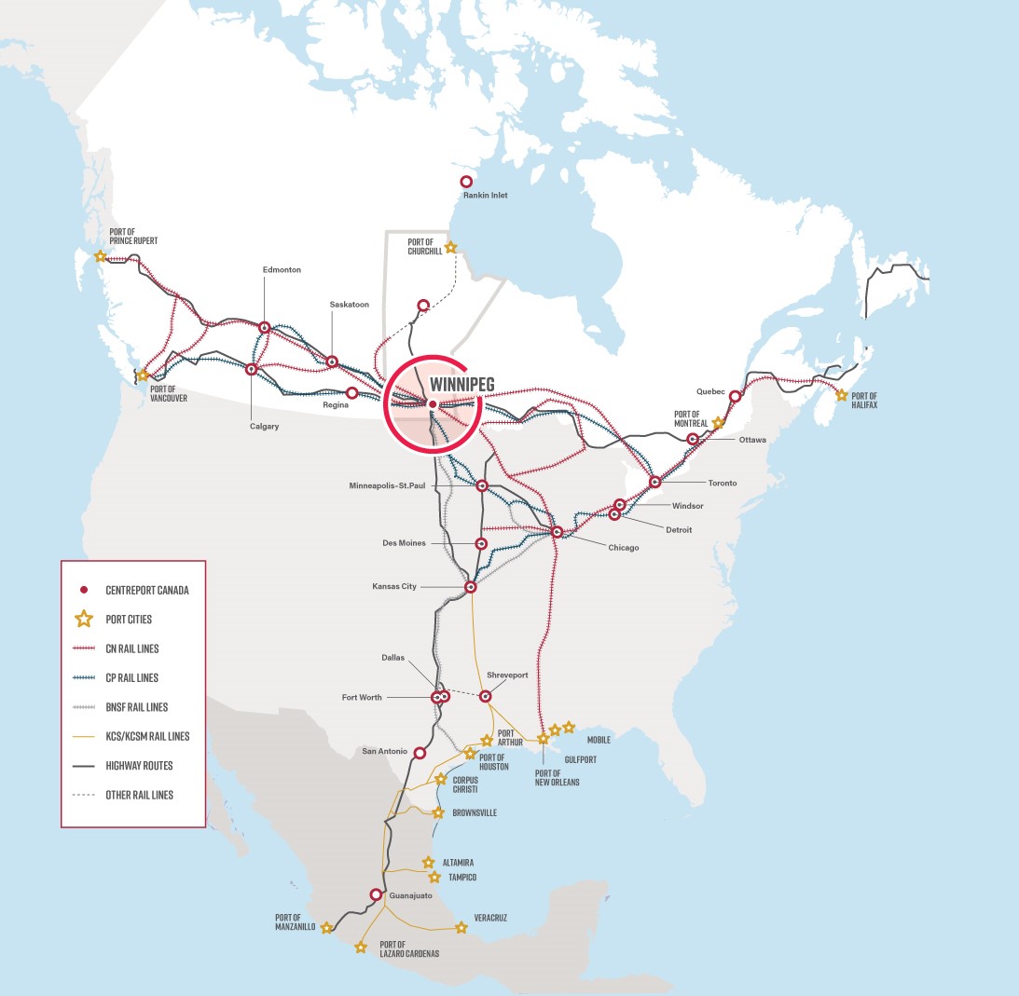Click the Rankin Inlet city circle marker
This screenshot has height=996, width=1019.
pos(466,183)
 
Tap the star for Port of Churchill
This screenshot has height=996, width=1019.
pos(451,248)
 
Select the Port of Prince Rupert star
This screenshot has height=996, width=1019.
pos(101,256)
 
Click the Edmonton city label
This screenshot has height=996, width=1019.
pos(282,269)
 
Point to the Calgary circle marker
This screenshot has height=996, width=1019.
pos(251,369)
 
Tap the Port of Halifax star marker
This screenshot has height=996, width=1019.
pos(842,395)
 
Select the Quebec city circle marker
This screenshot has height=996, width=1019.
pos(735,396)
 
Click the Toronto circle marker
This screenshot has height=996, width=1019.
pos(655,483)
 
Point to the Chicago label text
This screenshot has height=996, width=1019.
pos(623,548)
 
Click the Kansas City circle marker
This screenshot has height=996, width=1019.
pos(471,587)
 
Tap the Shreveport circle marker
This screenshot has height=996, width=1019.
pos(486,695)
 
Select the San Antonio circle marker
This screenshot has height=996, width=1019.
pos(420,752)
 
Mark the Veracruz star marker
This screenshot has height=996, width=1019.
pos(461,927)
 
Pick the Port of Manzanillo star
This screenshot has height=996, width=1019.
pos(326,927)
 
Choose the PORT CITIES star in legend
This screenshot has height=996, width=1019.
pos(84,619)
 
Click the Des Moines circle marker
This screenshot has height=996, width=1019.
pos(481,543)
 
